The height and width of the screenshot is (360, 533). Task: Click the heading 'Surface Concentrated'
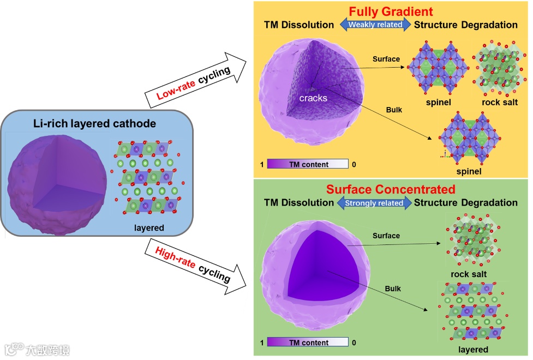point(391,189)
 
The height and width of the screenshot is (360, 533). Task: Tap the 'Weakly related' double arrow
point(375,25)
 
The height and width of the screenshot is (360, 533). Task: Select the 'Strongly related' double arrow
point(375,203)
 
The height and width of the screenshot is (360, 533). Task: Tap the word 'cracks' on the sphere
point(313,98)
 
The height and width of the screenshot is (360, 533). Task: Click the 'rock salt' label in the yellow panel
point(500,102)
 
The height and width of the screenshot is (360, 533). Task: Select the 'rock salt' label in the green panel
point(469,274)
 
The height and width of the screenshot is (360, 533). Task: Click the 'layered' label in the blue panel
point(148,227)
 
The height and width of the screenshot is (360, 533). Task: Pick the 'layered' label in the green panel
point(473,349)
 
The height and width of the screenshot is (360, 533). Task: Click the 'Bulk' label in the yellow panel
point(393,110)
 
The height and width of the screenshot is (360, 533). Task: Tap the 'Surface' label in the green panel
point(386,236)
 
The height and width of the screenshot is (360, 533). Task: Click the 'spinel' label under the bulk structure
point(469,172)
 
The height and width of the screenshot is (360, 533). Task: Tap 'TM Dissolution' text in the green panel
point(299,203)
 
